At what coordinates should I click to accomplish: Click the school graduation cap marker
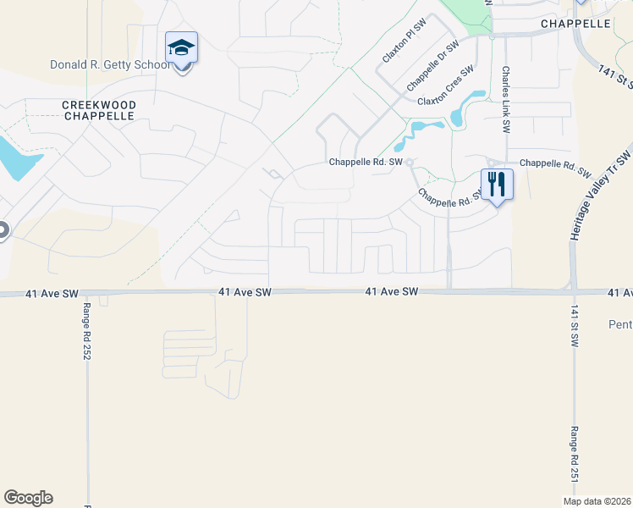(181, 48)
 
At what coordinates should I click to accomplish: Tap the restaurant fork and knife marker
(497, 183)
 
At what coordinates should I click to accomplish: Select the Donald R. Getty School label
(107, 64)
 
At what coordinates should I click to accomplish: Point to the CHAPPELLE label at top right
(575, 24)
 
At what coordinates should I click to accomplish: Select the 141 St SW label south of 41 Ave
(575, 327)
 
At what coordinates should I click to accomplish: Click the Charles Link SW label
(505, 100)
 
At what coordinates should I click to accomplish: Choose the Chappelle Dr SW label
(432, 65)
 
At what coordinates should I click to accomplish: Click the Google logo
(28, 498)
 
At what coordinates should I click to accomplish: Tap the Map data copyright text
(597, 501)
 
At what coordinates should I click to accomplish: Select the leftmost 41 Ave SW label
(57, 292)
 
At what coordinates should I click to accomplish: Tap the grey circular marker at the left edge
(3, 229)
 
